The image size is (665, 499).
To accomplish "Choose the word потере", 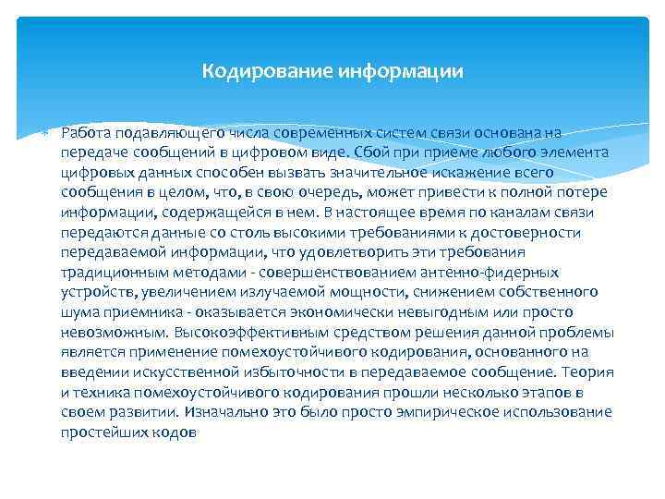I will click(x=586, y=192).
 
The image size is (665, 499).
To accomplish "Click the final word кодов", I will click(x=175, y=432).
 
